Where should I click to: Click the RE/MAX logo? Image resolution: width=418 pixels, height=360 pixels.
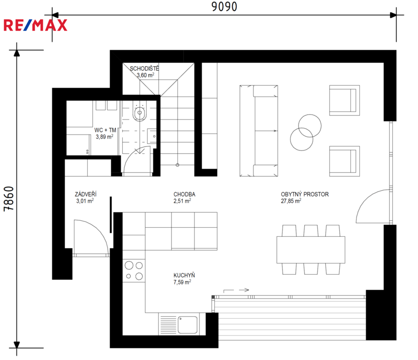click(35, 25)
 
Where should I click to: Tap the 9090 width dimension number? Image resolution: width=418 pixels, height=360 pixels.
click(224, 7)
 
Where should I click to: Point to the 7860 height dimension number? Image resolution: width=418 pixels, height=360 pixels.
click(8, 199)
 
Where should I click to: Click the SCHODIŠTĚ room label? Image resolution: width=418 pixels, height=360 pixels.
click(144, 68)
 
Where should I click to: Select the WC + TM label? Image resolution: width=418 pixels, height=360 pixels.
click(105, 130)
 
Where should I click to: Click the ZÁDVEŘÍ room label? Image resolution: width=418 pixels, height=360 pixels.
click(86, 194)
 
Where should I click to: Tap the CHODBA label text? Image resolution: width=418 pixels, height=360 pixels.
click(184, 195)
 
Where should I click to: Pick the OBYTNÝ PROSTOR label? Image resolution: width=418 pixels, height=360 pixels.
click(305, 195)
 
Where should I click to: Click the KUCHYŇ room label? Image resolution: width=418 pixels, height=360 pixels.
click(184, 275)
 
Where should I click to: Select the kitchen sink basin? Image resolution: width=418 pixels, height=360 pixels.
click(187, 325)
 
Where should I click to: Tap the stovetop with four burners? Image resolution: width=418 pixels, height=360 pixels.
click(134, 270)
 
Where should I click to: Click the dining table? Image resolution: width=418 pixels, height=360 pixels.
click(311, 249)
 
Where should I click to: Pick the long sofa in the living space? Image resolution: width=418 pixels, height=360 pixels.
click(259, 131)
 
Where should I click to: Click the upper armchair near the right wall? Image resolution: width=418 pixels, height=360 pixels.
click(344, 100)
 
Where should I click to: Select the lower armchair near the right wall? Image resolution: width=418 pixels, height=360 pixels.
click(344, 161)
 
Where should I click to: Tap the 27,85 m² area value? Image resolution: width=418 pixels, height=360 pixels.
click(291, 201)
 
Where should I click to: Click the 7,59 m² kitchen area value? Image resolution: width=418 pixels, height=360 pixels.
click(182, 282)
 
